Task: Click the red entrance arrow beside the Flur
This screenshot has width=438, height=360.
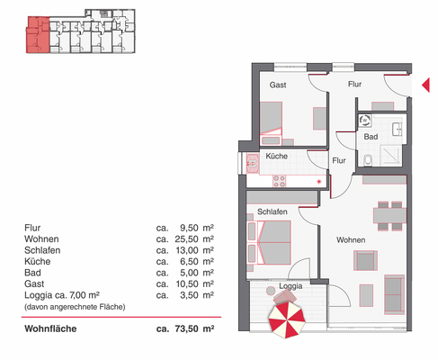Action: click(x=425, y=86)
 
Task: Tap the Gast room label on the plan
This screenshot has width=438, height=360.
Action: click(x=279, y=85)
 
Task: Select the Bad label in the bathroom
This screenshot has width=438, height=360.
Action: click(x=371, y=138)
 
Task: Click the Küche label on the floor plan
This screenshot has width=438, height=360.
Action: click(x=276, y=157)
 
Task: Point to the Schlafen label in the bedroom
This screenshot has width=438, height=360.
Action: click(x=272, y=211)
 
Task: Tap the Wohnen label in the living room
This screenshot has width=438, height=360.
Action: click(x=351, y=240)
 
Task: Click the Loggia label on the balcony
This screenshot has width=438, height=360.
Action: click(x=290, y=286)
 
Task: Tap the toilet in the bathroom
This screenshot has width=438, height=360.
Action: click(x=370, y=160)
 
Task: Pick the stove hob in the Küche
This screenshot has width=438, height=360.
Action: click(x=280, y=179)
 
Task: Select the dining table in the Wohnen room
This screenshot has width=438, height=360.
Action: click(x=389, y=213)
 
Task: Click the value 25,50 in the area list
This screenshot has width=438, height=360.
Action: click(x=185, y=240)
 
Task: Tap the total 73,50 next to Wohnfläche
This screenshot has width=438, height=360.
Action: click(x=185, y=330)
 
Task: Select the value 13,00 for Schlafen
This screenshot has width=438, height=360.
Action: click(x=185, y=251)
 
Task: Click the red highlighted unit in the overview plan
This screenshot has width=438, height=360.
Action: click(x=37, y=35)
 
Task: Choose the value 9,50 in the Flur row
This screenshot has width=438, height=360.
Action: click(x=188, y=229)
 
